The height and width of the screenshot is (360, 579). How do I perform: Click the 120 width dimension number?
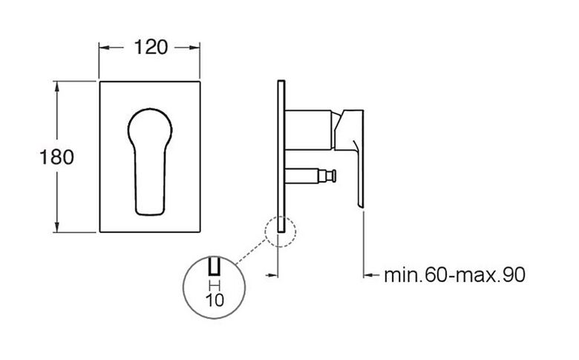(151, 48)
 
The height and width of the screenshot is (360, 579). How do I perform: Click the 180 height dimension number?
(56, 157)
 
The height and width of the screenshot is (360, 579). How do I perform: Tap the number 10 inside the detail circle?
(215, 300)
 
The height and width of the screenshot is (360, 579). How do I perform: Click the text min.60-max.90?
(454, 275)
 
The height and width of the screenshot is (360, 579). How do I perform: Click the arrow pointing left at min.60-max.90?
(371, 275)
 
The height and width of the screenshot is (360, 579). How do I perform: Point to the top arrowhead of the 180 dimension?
(57, 87)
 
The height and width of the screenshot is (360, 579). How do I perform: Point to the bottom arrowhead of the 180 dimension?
(57, 226)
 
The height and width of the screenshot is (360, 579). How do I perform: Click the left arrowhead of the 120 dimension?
(105, 48)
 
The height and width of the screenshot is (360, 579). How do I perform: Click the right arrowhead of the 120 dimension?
(194, 48)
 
